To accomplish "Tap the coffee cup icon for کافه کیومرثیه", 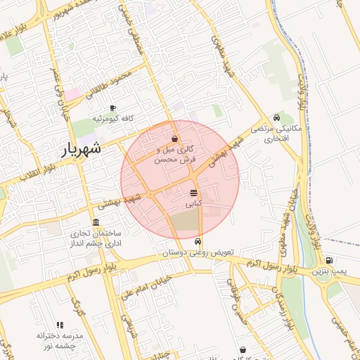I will click(x=112, y=108).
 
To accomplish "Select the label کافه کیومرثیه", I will click(x=118, y=118).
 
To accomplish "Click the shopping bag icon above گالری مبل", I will click(x=174, y=139).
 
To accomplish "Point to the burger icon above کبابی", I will click(x=193, y=192).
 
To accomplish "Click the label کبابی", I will click(x=193, y=203).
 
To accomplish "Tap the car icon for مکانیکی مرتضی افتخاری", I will click(x=277, y=118).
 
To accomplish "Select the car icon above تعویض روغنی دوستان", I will click(x=196, y=241).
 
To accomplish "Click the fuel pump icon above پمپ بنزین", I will click(x=329, y=260).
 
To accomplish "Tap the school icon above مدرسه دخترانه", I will click(x=60, y=325).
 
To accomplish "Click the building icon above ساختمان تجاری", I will click(x=96, y=222).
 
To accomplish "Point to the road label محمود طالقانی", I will click(x=108, y=84).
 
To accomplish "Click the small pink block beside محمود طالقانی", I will click(x=73, y=94).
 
